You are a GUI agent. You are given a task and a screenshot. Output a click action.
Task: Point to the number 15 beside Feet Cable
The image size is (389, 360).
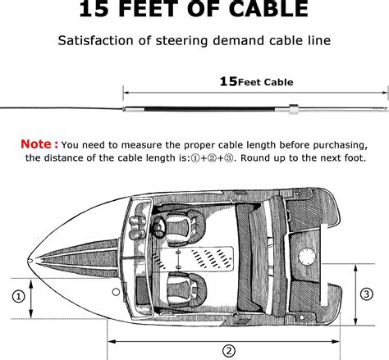(x=228, y=81)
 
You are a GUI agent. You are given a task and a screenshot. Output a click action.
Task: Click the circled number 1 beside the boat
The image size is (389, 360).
(x=17, y=296)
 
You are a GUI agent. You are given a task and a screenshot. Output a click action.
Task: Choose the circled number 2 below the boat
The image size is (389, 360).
(x=228, y=350)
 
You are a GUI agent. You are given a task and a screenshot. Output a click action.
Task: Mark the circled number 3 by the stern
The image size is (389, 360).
(x=367, y=293)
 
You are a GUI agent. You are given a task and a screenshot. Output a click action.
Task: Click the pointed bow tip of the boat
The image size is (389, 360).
(x=30, y=262)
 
